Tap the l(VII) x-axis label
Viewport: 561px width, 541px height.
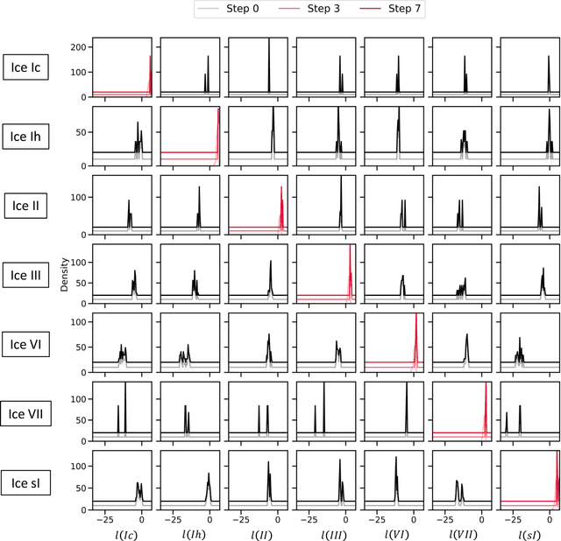click(462, 532)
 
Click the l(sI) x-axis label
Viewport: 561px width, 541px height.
click(529, 532)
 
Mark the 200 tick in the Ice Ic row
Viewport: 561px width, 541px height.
click(81, 46)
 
